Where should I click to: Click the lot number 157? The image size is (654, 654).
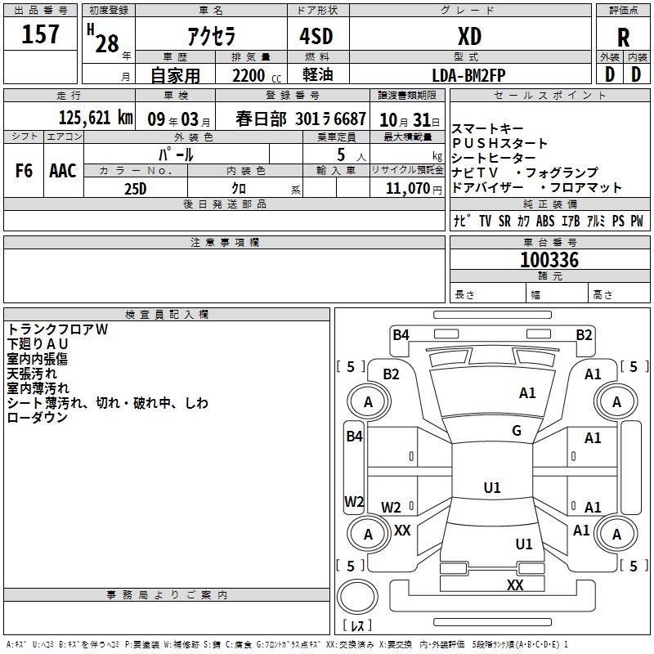click(40, 34)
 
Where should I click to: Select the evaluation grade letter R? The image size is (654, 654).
click(623, 38)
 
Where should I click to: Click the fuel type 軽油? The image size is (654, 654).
click(317, 75)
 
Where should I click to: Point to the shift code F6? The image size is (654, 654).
click(25, 171)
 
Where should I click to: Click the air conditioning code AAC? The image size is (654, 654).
click(63, 171)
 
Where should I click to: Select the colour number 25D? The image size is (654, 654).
click(135, 188)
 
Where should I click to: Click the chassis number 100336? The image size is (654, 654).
click(549, 260)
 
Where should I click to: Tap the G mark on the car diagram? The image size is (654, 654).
click(517, 431)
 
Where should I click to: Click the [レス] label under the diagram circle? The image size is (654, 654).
click(356, 625)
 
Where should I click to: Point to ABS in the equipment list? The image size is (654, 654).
click(545, 221)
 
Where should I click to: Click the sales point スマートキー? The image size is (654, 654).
click(486, 129)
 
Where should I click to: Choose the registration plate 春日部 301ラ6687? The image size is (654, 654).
click(301, 118)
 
